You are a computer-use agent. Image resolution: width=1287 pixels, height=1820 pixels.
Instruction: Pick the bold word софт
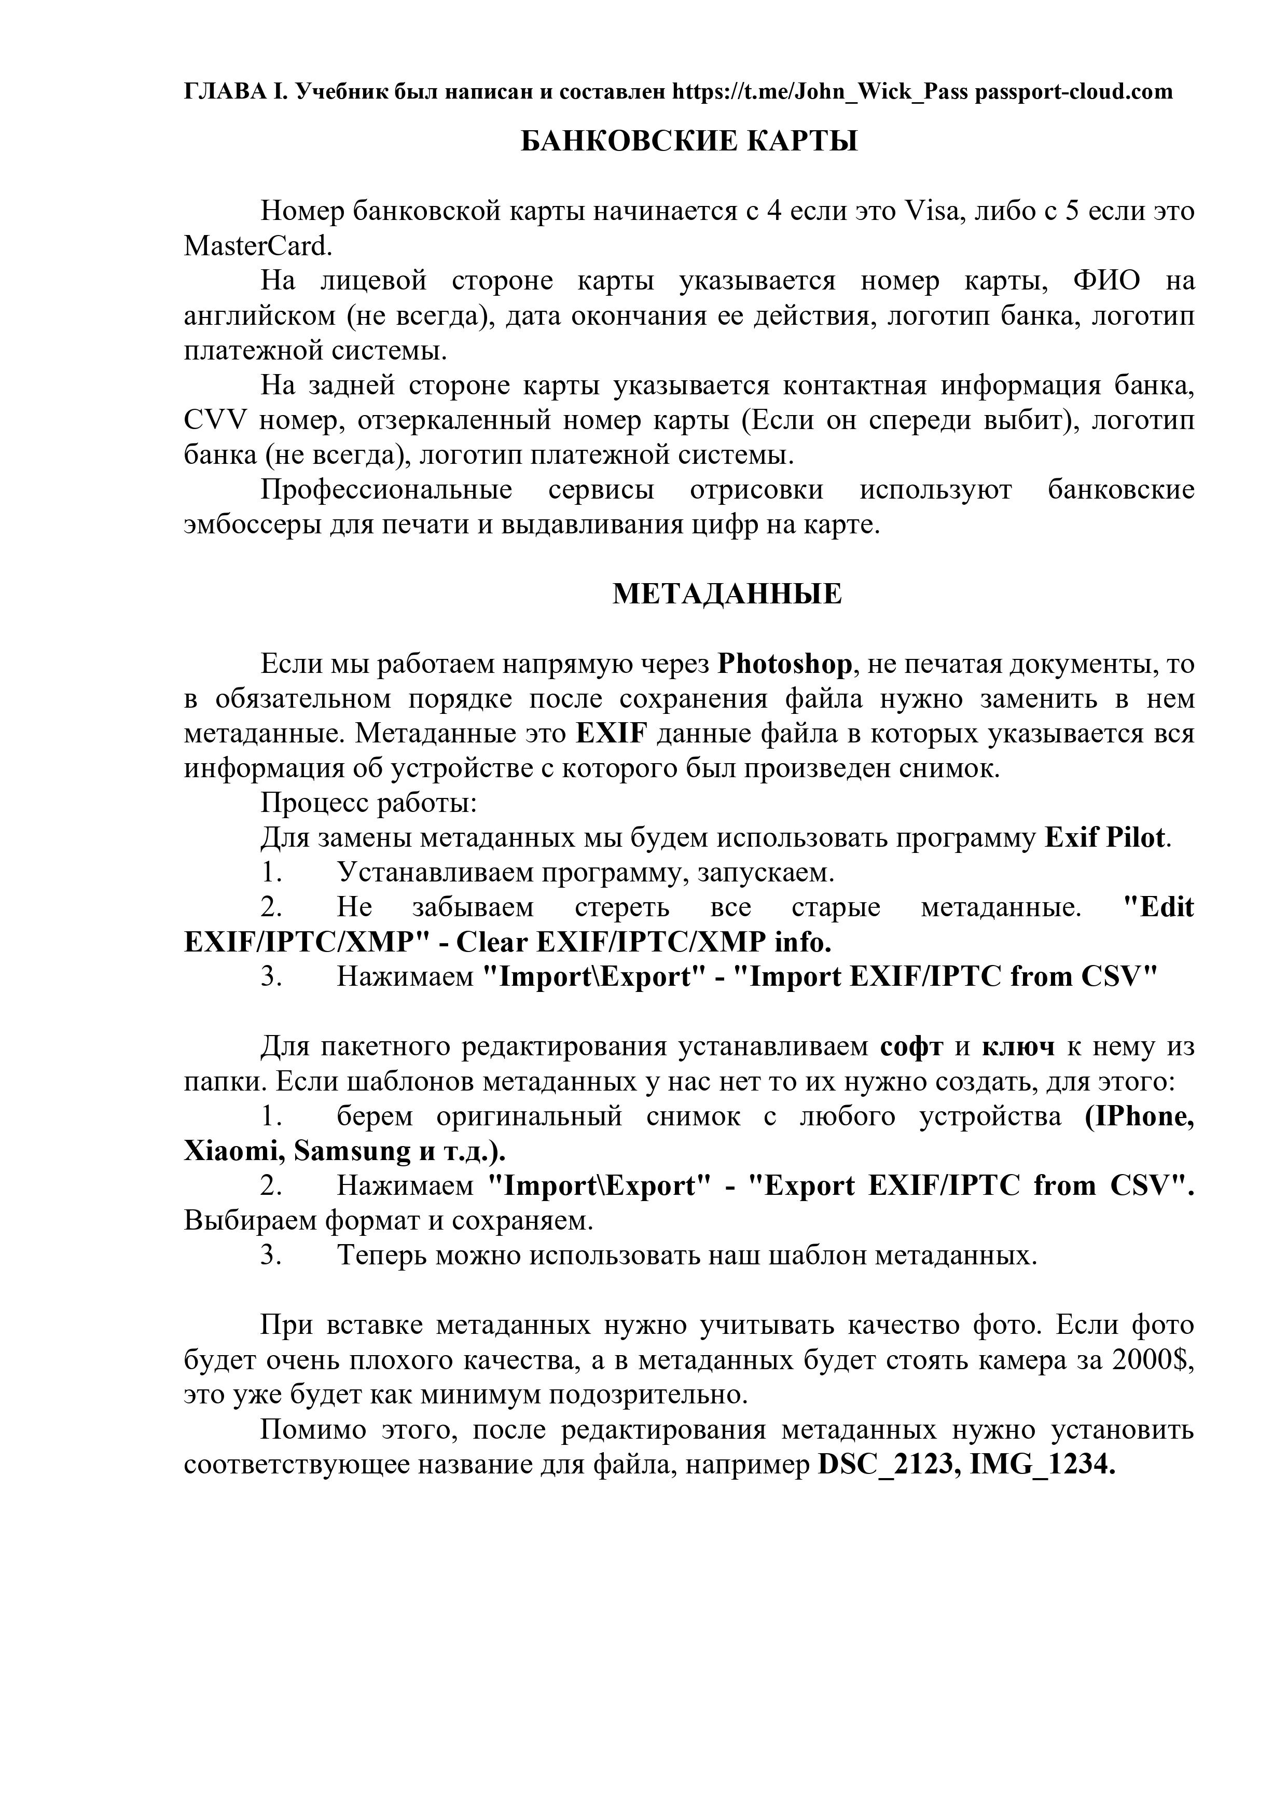pos(911,1046)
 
